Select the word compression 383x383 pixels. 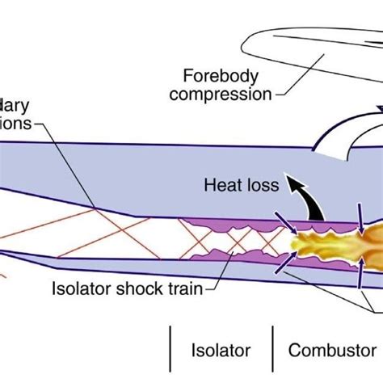[225, 95]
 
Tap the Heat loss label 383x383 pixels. [240, 185]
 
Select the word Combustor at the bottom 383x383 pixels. [331, 351]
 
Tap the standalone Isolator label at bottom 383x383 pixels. [220, 351]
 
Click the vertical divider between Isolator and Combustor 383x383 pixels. [273, 352]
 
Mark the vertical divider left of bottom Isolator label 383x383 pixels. [171, 352]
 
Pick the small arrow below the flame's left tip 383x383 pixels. [284, 259]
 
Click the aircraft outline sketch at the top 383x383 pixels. [299, 48]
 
